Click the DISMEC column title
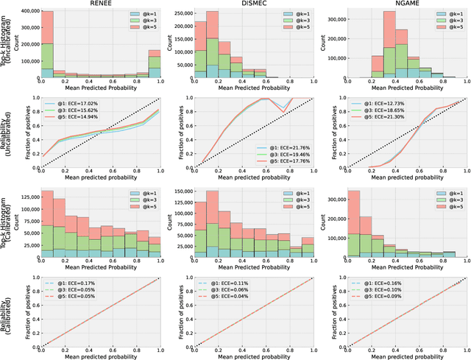point(253,4)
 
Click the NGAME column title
point(409,4)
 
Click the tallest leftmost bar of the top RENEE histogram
point(47,44)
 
